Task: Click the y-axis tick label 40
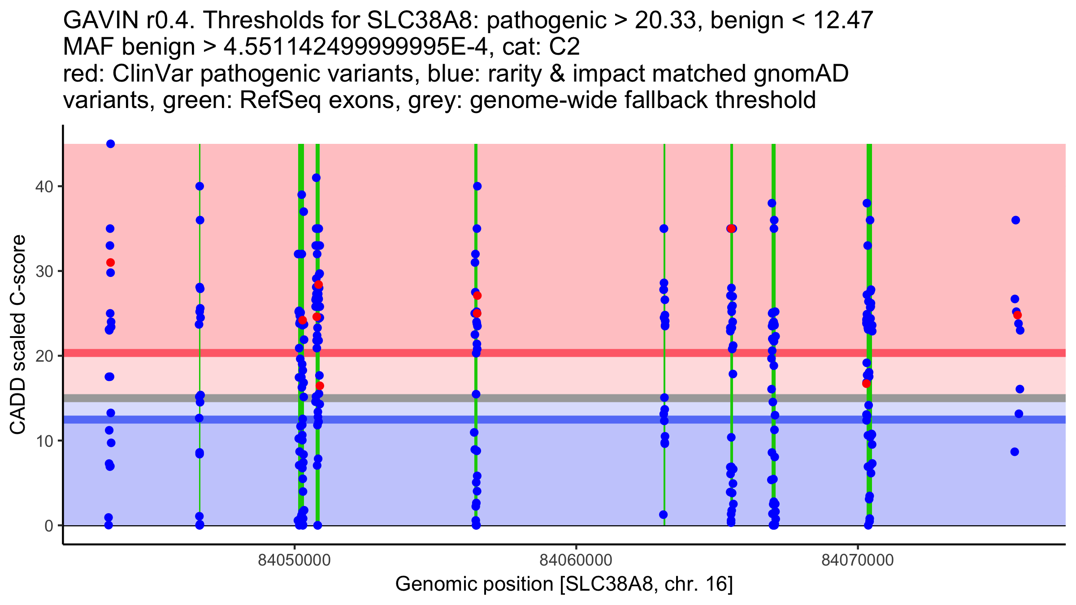(44, 186)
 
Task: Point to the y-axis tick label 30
(44, 271)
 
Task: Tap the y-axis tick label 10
(44, 441)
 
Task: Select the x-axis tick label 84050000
(295, 560)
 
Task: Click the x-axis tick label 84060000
(576, 560)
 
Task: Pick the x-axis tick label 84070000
(858, 560)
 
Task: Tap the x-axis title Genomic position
(564, 584)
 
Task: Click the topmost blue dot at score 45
(110, 144)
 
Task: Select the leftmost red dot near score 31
(110, 263)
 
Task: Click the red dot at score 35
(731, 229)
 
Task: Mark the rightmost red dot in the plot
(1018, 315)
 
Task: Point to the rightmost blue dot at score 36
(1016, 220)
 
